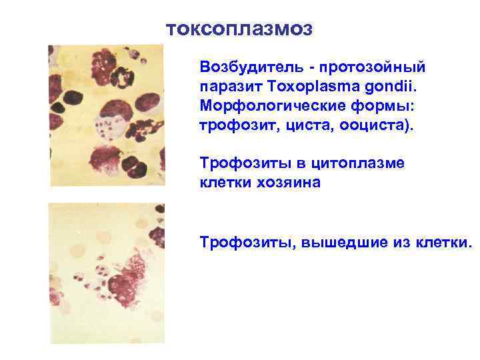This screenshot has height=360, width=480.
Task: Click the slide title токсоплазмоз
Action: (238, 29)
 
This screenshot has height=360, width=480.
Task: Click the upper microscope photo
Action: (105, 115)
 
